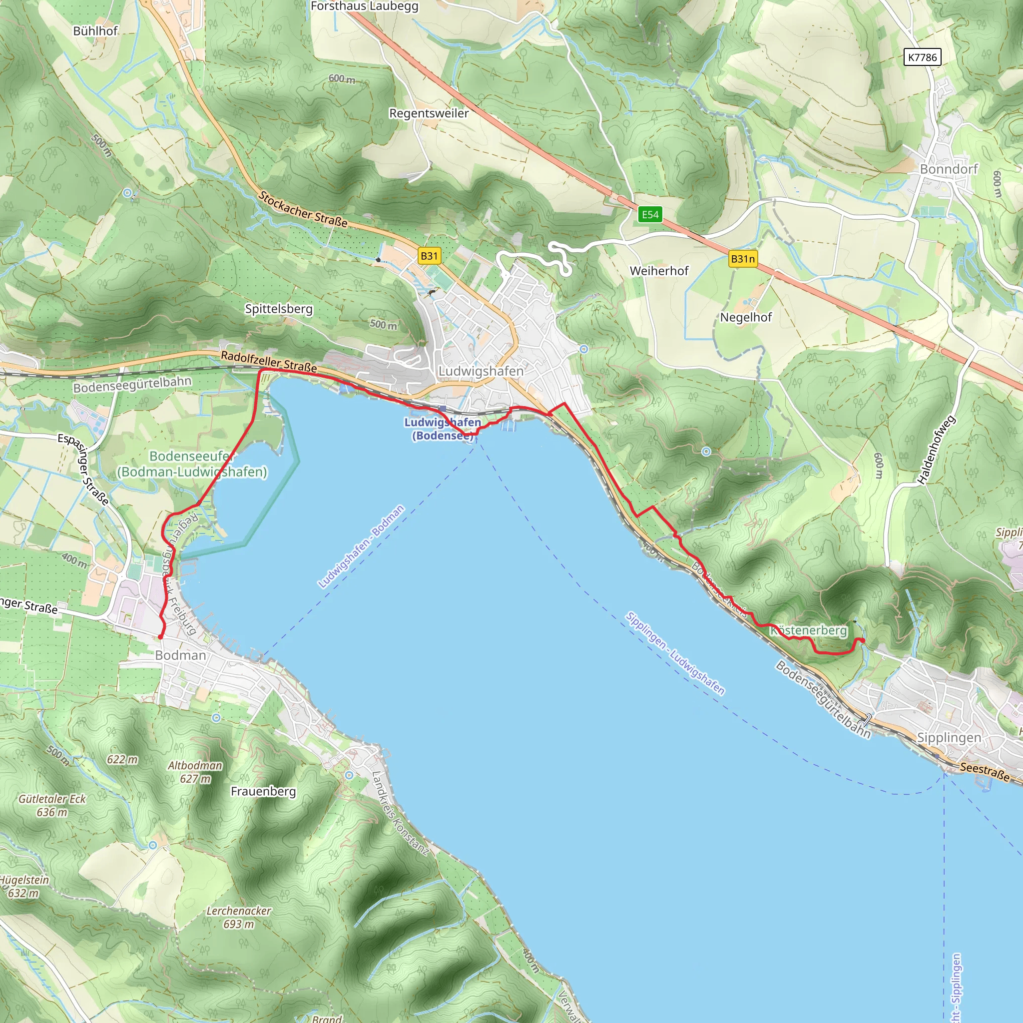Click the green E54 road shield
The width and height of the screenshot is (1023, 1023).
(650, 214)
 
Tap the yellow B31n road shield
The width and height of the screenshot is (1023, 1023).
(742, 259)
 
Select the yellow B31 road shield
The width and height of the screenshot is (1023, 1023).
(429, 256)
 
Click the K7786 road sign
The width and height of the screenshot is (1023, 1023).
(922, 57)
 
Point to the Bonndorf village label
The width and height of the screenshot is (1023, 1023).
(949, 169)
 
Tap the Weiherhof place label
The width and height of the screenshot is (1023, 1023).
(659, 271)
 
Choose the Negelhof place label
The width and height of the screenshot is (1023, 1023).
(746, 317)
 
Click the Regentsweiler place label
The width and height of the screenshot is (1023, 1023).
(429, 113)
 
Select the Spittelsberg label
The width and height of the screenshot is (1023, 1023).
(279, 309)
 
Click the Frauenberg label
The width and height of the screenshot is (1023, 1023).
(263, 791)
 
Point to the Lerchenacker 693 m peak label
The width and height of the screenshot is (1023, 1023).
(238, 918)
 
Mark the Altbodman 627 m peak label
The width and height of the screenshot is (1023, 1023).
(195, 772)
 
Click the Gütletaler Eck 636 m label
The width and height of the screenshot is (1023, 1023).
(52, 805)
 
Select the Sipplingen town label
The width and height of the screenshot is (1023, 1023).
(949, 738)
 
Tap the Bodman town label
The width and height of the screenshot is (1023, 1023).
(180, 655)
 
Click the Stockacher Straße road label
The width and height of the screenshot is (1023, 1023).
(302, 210)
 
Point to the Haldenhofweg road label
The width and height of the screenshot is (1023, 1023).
(936, 450)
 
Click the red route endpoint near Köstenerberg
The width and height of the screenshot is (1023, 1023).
(862, 641)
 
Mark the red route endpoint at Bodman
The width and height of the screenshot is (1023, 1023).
(160, 637)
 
